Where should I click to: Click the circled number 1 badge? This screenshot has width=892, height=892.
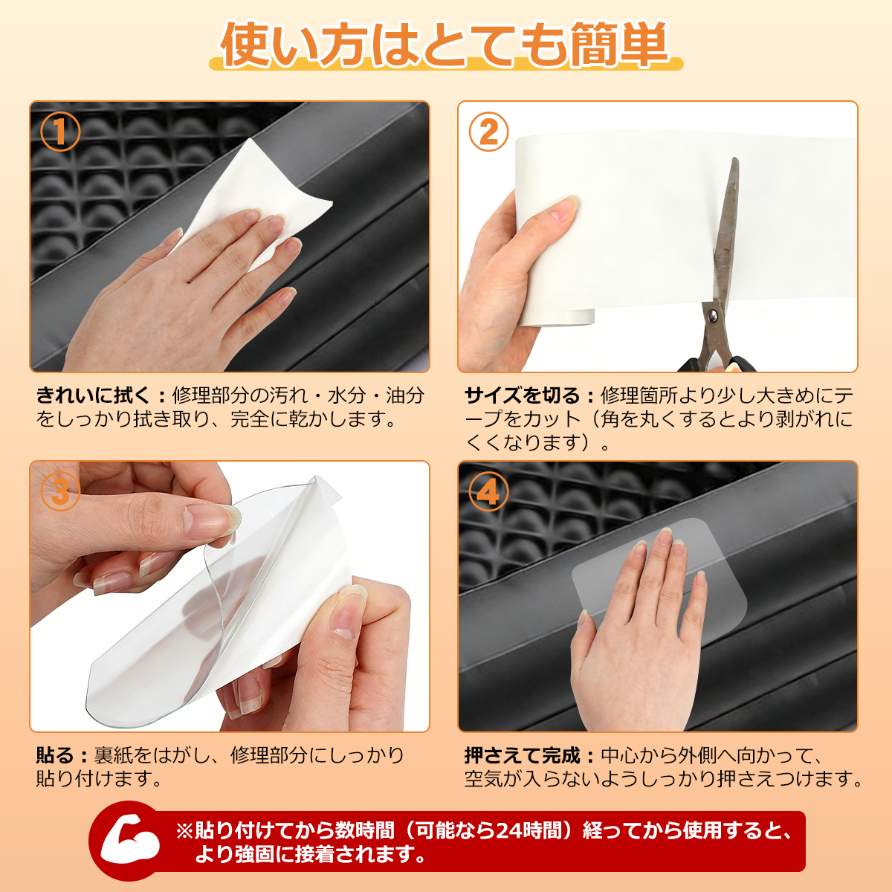61,132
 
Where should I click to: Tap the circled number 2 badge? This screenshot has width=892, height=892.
488,132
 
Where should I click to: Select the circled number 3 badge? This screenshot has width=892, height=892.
61,491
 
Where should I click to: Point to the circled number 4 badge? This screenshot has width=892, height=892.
488,491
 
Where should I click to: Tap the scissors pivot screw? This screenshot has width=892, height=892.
712,316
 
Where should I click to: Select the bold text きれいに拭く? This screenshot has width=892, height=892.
94,395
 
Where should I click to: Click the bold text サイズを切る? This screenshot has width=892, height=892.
522,395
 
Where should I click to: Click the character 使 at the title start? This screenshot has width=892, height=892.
248,45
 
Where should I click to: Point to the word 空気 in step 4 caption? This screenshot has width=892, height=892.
484,779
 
